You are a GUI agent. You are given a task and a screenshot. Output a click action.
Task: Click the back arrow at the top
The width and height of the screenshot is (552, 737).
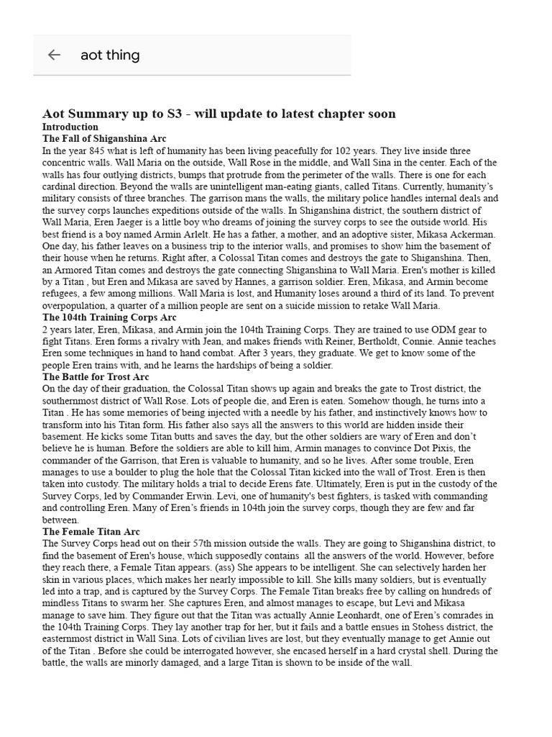(54, 55)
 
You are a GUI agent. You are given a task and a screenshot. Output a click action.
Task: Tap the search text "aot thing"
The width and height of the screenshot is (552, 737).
(110, 55)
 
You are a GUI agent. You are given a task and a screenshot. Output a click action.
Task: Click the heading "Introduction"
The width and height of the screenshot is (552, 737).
(70, 127)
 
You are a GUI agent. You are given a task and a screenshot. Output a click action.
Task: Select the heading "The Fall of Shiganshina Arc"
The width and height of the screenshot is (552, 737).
(104, 138)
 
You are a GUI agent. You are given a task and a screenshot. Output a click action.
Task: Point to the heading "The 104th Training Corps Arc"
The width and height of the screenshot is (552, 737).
(109, 317)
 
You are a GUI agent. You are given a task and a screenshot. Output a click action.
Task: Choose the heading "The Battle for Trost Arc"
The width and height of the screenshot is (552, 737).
(96, 376)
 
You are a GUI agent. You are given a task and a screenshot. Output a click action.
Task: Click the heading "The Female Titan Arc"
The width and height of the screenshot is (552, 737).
(91, 531)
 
